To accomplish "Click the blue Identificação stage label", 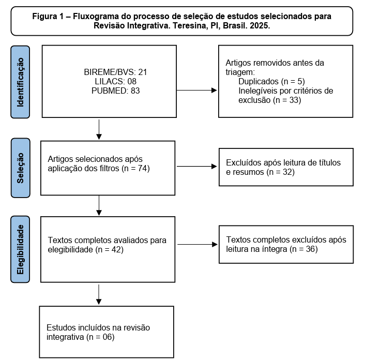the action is (x=20, y=82).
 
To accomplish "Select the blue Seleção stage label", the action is (x=21, y=168).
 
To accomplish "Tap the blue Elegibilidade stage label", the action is (x=20, y=249).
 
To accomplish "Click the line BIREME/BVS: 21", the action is (x=115, y=72).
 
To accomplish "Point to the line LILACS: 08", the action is (x=115, y=82).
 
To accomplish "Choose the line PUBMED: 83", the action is (x=115, y=91).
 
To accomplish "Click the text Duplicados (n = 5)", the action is (x=271, y=82).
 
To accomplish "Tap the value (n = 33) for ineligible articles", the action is (x=287, y=100).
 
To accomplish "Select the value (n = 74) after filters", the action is (x=135, y=168).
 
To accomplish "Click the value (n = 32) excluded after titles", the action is (x=281, y=172).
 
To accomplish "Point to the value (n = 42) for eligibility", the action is (x=109, y=250).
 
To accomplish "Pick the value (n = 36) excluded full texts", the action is (x=303, y=249).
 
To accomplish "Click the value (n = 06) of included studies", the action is (x=100, y=337).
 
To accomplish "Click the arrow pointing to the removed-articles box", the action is (x=196, y=91).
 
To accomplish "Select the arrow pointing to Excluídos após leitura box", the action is (x=197, y=166).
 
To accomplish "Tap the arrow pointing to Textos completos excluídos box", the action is (x=197, y=244).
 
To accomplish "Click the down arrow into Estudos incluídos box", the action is (x=99, y=294).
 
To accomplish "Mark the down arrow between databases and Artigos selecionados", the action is (x=99, y=129).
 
